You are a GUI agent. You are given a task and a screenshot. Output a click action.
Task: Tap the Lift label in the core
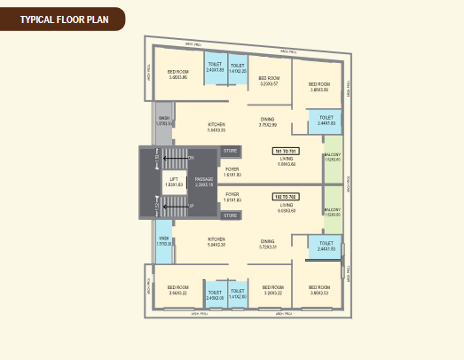coord(174,181)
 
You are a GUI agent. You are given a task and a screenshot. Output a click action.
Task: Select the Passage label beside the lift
coord(204,181)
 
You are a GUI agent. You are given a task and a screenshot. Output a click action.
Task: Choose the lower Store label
coord(231,215)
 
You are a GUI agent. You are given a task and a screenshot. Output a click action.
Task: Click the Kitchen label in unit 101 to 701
coord(216,127)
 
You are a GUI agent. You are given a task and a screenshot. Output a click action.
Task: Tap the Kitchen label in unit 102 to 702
coord(216,242)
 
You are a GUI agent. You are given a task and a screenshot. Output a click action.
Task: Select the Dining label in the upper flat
coord(267,121)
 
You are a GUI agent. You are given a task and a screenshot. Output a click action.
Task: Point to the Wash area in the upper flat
coord(164,120)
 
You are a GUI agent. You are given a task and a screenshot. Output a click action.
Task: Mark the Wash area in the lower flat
coord(164,240)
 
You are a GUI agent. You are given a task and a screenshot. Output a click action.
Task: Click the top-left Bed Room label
coord(178,74)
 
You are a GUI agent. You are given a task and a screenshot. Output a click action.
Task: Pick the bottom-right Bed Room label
coord(320,289)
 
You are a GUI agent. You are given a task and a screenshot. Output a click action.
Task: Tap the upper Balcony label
coord(333,159)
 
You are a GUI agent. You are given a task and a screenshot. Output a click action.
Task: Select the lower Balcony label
coord(333,211)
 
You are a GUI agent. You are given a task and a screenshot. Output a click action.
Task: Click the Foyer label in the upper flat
coord(232,170)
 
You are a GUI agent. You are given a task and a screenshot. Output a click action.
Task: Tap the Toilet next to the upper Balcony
coord(326,120)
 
